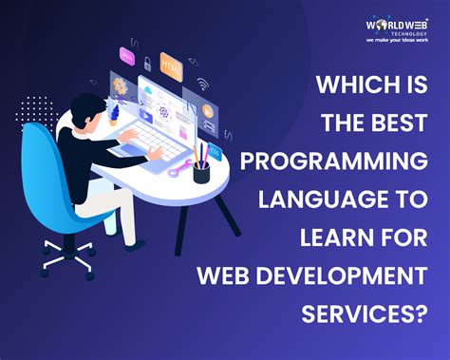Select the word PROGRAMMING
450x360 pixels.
point(337,160)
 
